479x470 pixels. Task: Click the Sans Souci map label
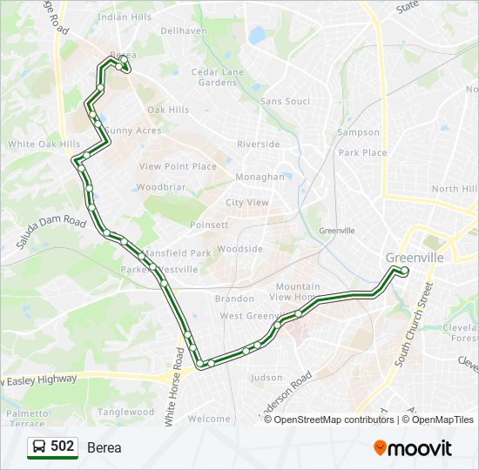coord(285,102)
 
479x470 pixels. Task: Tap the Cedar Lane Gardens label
coord(218,77)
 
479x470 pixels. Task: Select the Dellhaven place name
coord(184,30)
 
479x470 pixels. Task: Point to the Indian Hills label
coord(125,17)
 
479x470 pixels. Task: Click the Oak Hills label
coord(168,110)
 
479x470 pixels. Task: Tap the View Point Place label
coord(178,166)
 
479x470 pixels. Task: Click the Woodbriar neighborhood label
coord(161,187)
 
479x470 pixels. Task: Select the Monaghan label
coord(260,177)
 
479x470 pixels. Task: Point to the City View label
coord(247,202)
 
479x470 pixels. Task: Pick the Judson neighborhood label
coord(266,378)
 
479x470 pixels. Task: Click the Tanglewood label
coord(126,413)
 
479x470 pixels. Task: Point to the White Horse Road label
coord(181,381)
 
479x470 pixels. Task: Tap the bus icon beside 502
coord(39,446)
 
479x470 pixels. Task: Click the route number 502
coord(63,446)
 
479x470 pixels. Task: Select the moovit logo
coord(413,447)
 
